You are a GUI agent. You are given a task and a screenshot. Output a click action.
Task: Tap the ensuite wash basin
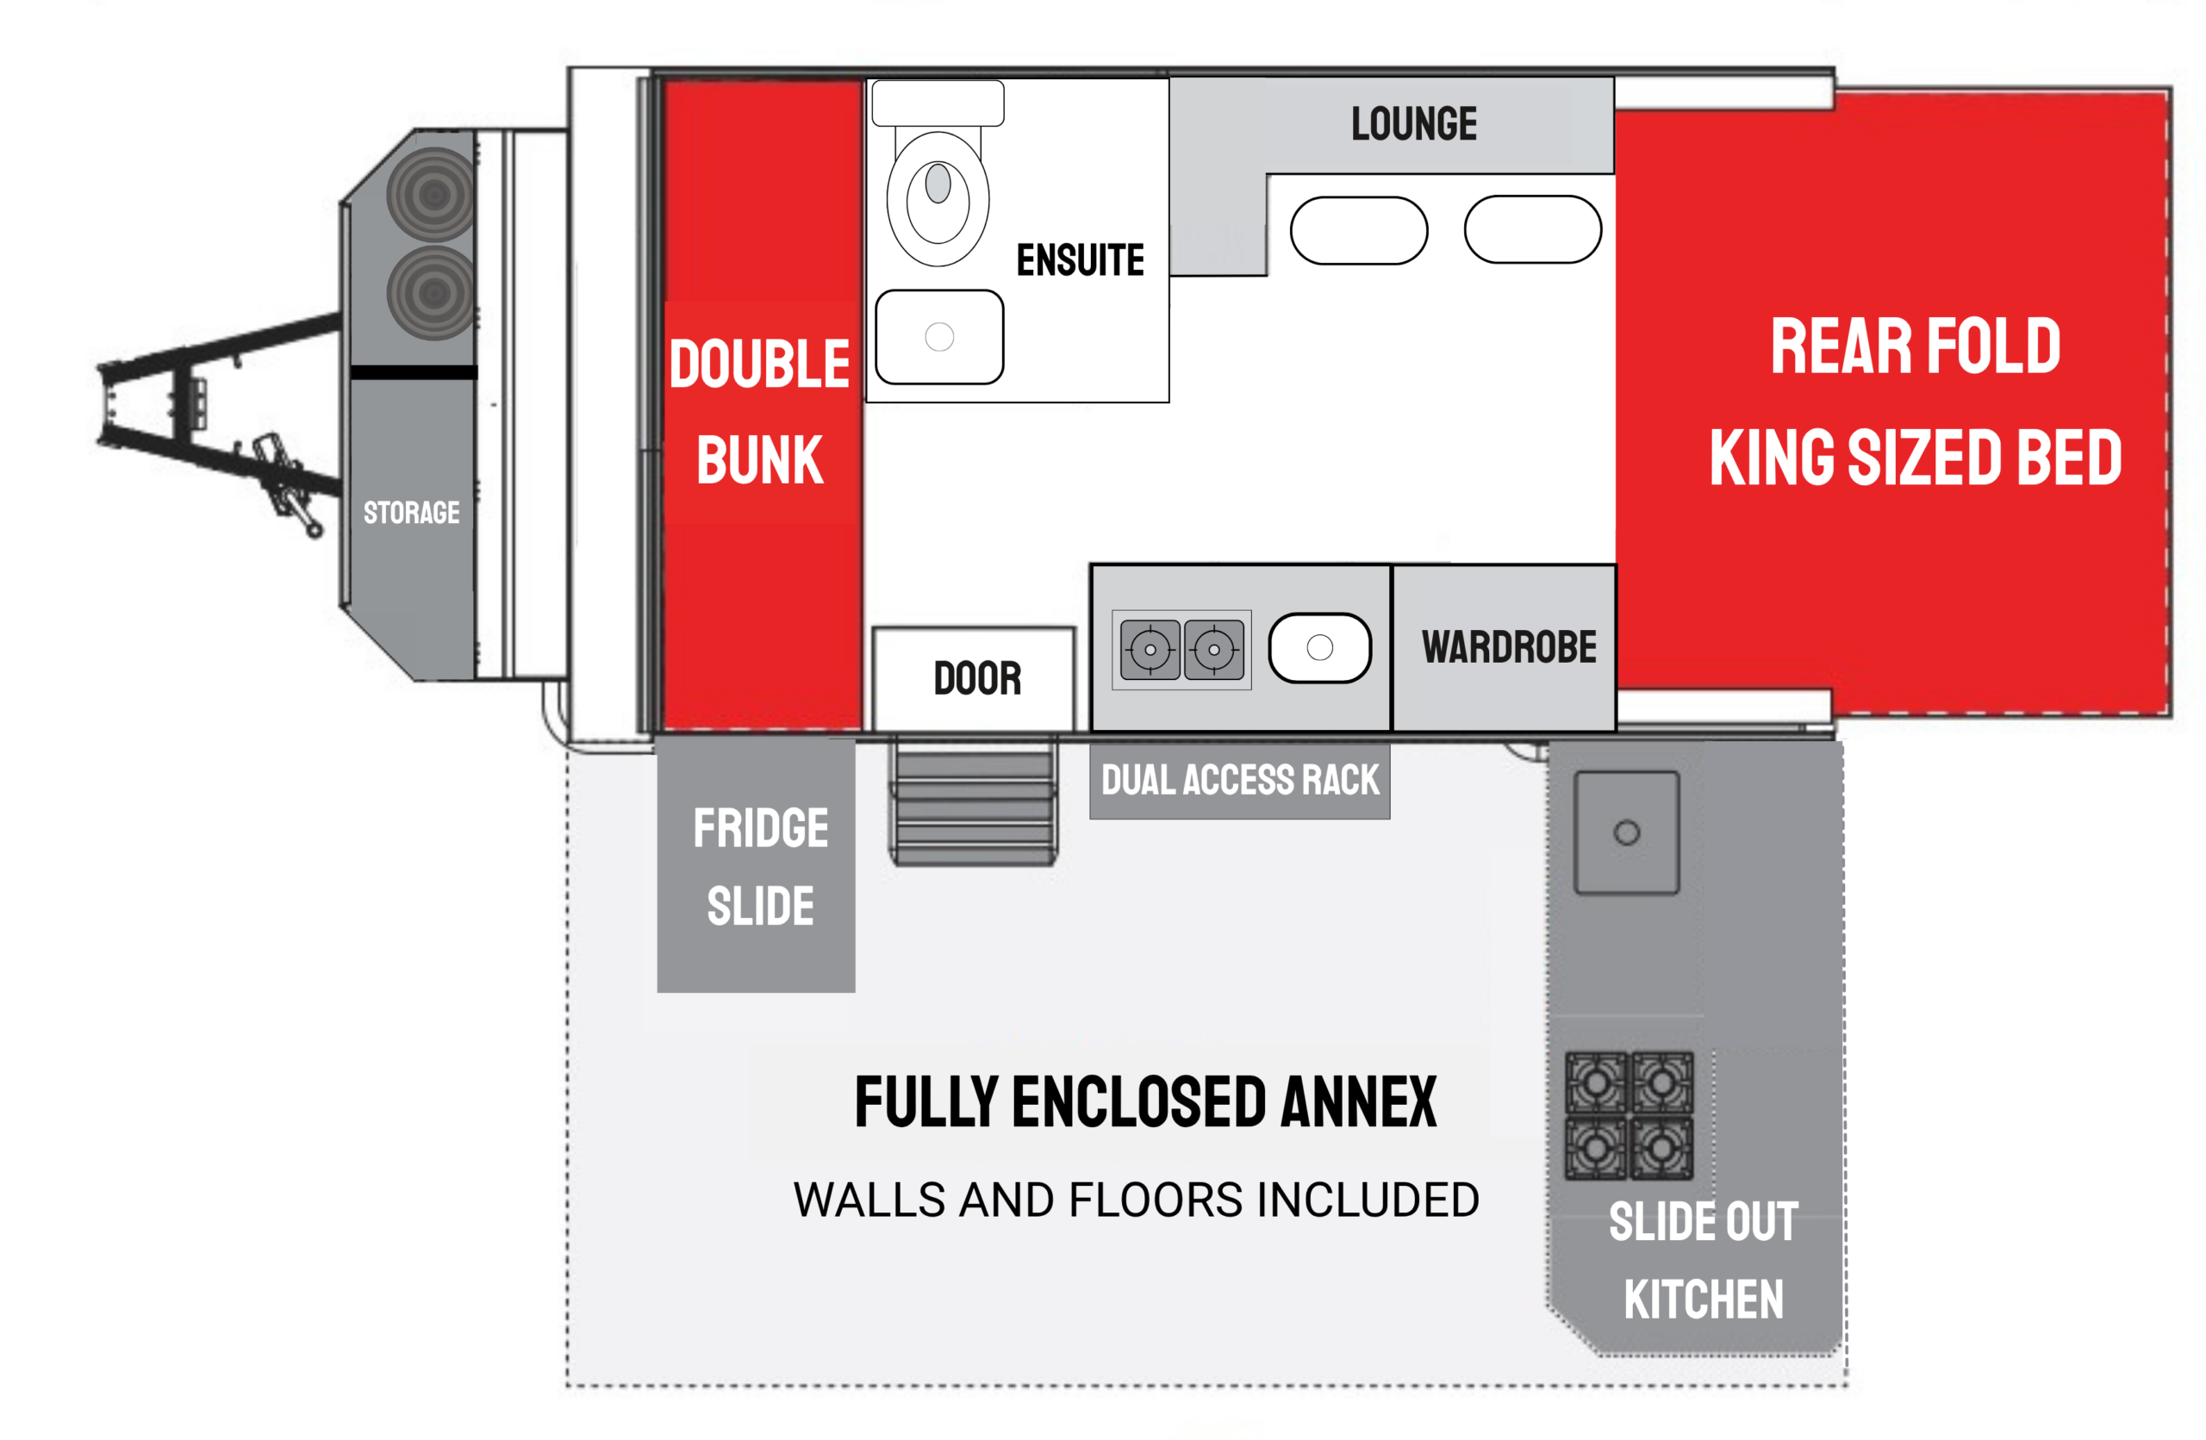939,336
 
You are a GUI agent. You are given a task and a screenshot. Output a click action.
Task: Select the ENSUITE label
1080,260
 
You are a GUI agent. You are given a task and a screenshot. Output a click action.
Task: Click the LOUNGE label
1413,124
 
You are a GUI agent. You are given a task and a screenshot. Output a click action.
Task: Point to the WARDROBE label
1509,647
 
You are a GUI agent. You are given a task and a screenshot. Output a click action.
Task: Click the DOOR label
977,678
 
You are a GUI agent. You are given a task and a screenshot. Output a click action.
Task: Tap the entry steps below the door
973,801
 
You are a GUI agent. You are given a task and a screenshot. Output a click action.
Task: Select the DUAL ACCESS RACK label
1240,779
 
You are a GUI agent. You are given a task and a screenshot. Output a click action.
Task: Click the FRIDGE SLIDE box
757,864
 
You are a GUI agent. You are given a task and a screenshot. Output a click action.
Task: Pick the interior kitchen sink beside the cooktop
1320,648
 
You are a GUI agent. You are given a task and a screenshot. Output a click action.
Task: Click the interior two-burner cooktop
1181,650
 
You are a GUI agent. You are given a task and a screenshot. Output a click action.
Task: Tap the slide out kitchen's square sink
1627,832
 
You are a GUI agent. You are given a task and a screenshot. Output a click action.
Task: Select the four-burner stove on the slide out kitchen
1629,1115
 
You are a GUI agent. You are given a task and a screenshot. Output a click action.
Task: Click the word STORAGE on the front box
412,513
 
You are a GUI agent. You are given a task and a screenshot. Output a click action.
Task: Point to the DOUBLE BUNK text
760,410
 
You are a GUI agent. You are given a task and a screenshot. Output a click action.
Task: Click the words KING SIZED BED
1915,457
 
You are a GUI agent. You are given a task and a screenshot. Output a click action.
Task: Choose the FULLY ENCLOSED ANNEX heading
1145,1102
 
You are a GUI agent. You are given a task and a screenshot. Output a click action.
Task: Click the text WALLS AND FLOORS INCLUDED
1137,1200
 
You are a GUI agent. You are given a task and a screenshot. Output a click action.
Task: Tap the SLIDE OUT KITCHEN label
1704,1260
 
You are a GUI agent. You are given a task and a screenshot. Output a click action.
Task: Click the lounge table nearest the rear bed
1533,230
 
